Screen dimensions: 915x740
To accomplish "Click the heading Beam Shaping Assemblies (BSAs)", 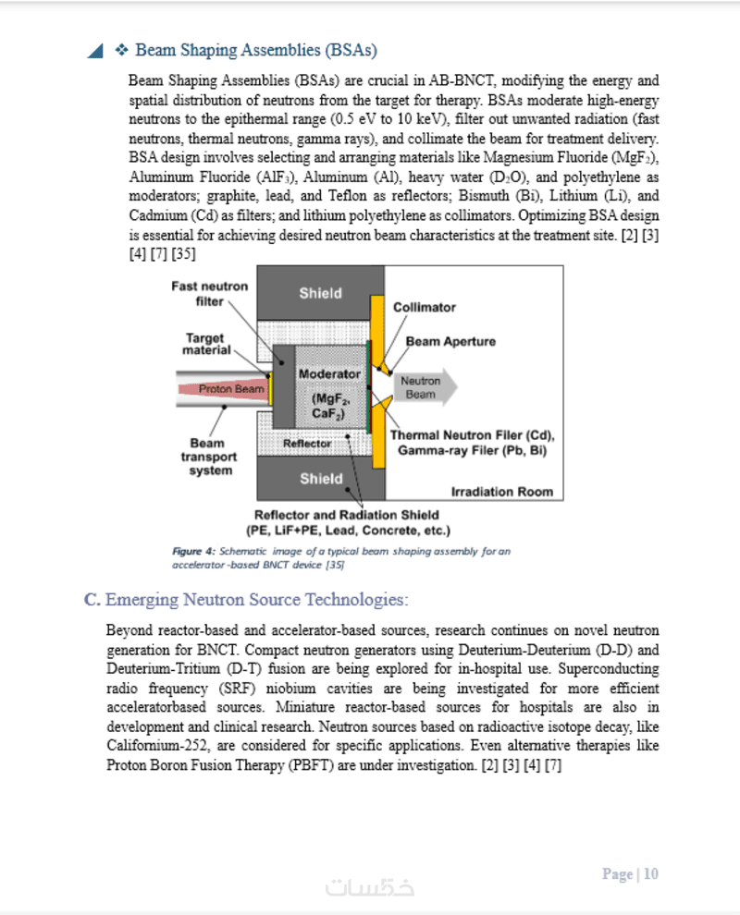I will pyautogui.click(x=255, y=50).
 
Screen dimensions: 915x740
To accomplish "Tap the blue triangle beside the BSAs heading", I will pyautogui.click(x=94, y=51).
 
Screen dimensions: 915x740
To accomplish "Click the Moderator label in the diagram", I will pyautogui.click(x=329, y=374).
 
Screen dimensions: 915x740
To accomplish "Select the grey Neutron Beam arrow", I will pyautogui.click(x=423, y=387).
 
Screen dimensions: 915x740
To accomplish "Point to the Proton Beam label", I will pyautogui.click(x=230, y=389).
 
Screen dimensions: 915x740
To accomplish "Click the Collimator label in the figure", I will pyautogui.click(x=425, y=307).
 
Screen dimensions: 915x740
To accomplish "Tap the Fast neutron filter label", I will pyautogui.click(x=210, y=294).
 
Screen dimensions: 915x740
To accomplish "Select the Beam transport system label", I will pyautogui.click(x=208, y=457).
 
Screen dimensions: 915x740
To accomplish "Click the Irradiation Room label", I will pyautogui.click(x=501, y=492).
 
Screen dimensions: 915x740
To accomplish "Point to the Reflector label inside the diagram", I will pyautogui.click(x=307, y=444).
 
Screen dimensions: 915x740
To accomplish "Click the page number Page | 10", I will pyautogui.click(x=630, y=873).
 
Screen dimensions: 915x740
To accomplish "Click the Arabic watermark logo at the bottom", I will pyautogui.click(x=370, y=887).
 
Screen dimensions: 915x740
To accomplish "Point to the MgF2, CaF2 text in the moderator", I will pyautogui.click(x=328, y=407).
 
